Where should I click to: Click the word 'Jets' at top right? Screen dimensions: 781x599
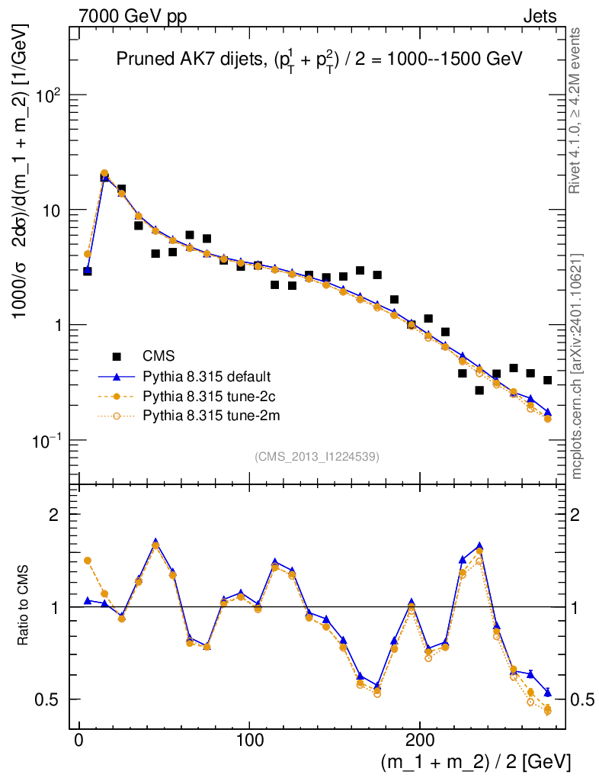[539, 16]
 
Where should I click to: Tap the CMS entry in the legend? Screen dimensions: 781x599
[159, 355]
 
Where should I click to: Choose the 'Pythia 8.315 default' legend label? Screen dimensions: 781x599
[207, 376]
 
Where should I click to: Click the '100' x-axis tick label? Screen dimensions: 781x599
[250, 741]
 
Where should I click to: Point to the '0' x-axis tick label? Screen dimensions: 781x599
[79, 741]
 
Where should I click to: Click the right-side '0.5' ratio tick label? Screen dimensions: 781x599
[584, 699]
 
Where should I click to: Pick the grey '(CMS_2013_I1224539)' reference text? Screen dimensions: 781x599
[317, 456]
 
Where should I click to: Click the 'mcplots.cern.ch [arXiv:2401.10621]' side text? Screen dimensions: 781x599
[577, 366]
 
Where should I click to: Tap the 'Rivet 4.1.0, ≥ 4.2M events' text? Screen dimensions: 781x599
[577, 110]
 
